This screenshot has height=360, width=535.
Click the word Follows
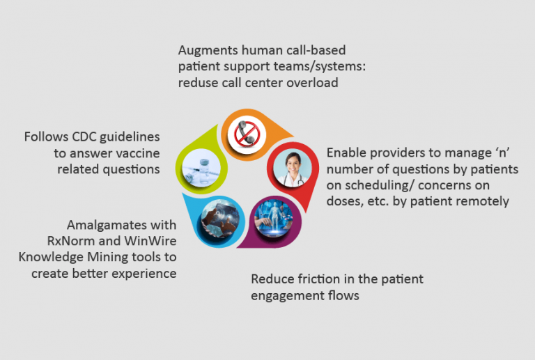[x=45, y=136]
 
